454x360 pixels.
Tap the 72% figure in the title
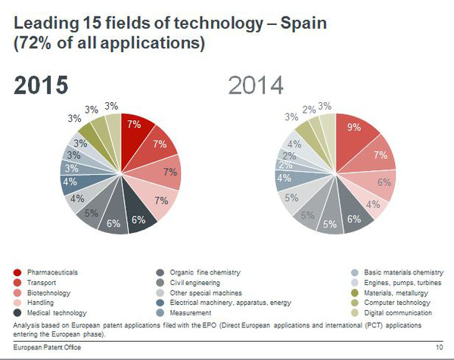coord(37,44)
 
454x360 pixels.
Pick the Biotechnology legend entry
coord(48,293)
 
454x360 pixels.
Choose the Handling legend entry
coord(41,303)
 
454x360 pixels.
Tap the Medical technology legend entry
coord(57,312)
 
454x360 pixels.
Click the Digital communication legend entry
coord(398,312)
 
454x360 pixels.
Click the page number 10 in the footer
coord(439,346)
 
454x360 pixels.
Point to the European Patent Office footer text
coord(45,346)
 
